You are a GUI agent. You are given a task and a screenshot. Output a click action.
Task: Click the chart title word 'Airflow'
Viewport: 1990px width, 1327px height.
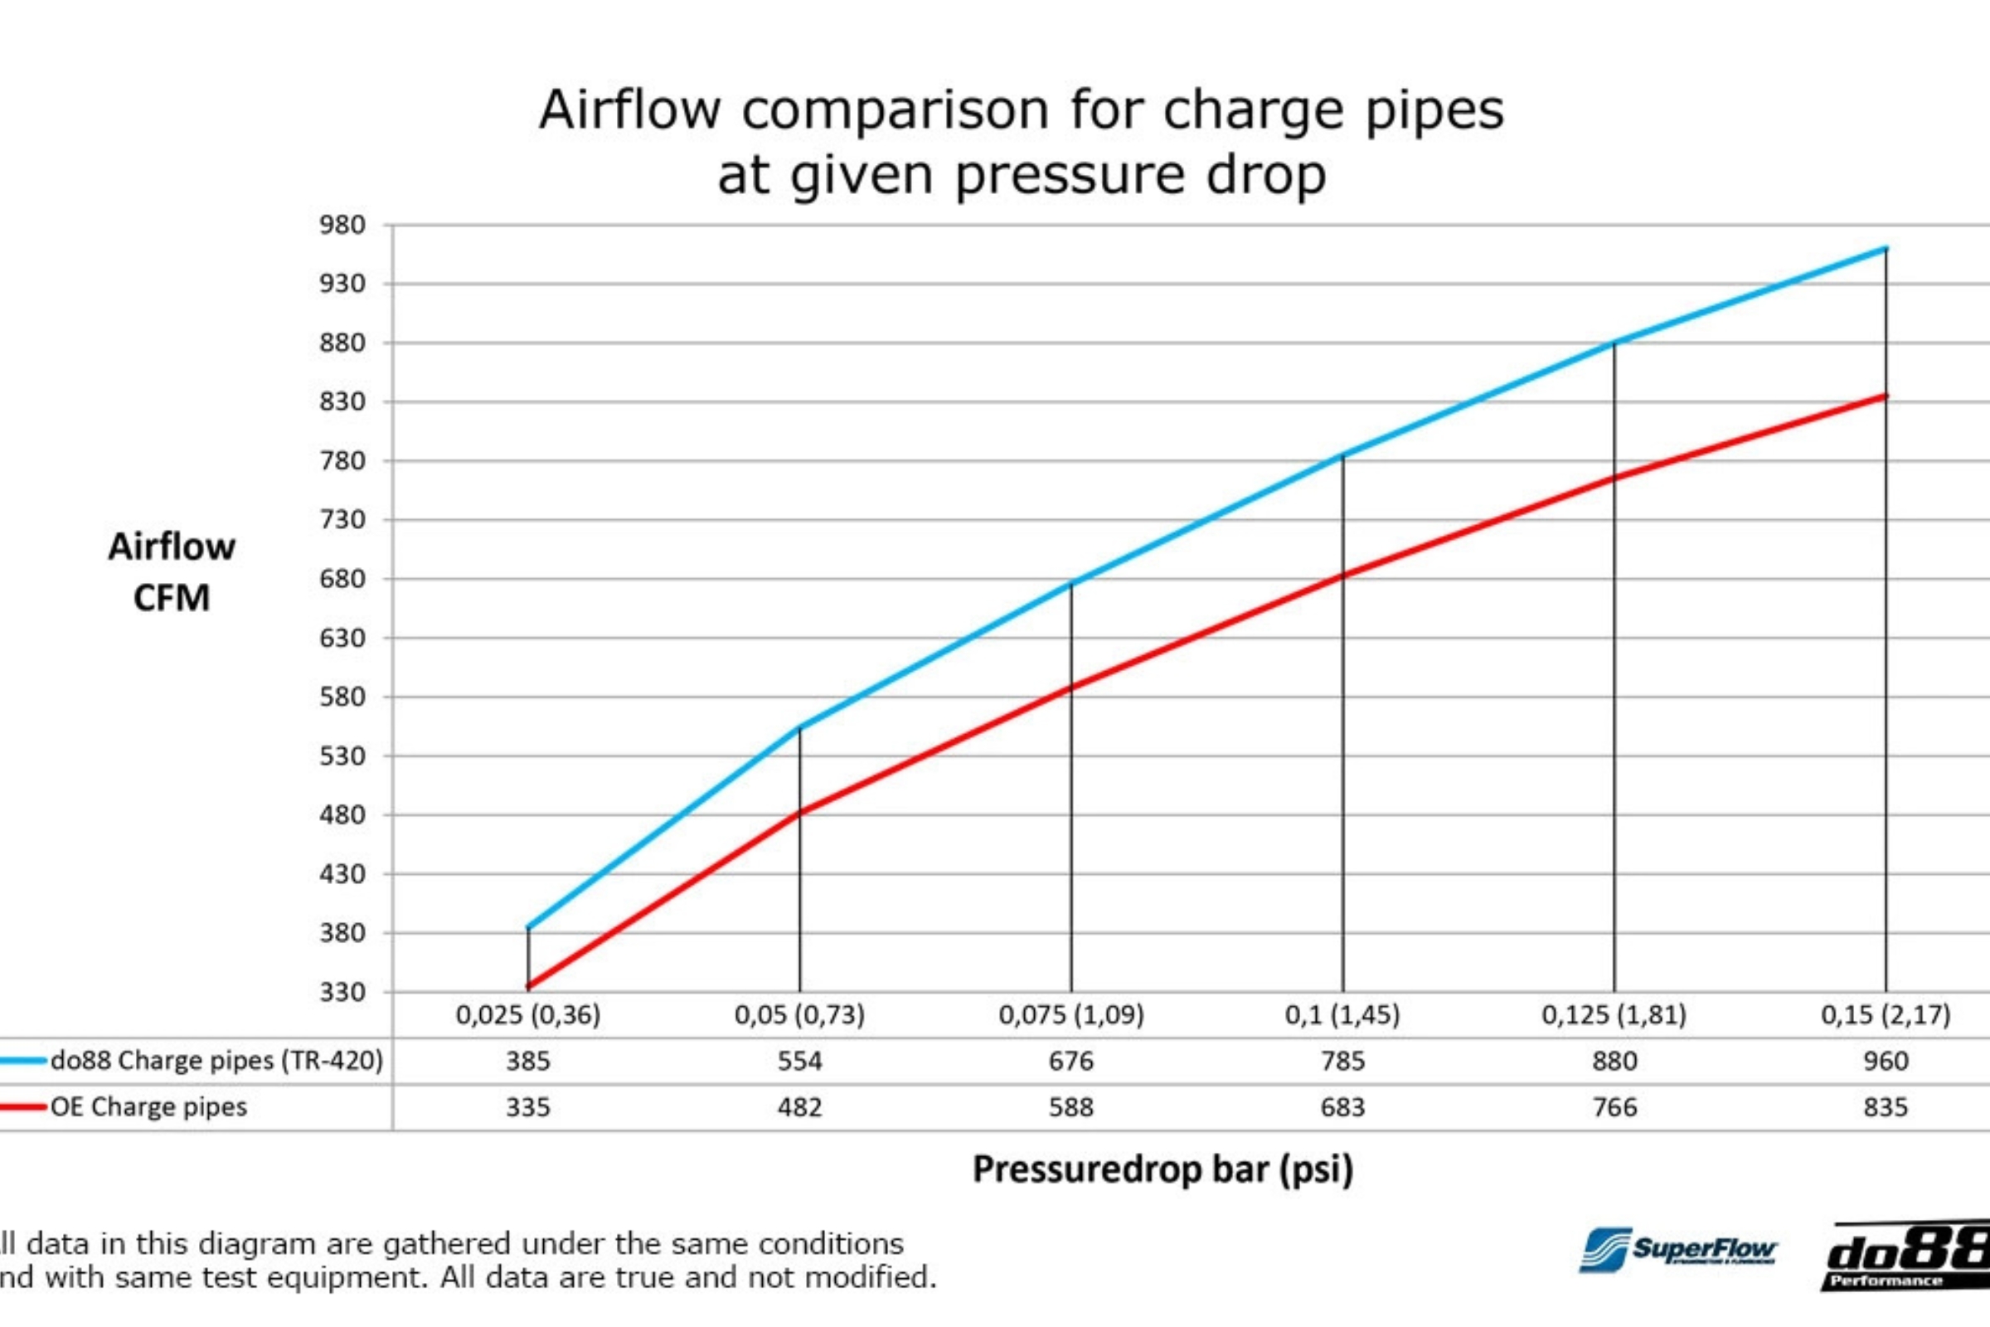click(x=629, y=110)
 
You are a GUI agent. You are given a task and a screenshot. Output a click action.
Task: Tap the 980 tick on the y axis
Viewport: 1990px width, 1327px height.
click(x=342, y=225)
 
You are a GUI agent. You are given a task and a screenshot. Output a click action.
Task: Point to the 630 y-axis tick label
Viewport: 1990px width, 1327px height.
click(x=342, y=638)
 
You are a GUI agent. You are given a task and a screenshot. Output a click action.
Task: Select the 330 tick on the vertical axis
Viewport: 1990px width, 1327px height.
click(x=342, y=991)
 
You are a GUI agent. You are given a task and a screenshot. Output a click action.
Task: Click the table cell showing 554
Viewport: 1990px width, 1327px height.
click(x=799, y=1061)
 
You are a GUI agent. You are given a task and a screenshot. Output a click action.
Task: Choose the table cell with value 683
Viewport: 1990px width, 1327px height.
click(x=1342, y=1107)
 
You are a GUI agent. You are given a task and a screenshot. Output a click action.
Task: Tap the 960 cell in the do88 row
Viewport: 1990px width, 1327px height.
click(x=1885, y=1061)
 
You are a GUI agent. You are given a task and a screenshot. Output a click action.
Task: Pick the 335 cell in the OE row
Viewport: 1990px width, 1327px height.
click(x=528, y=1107)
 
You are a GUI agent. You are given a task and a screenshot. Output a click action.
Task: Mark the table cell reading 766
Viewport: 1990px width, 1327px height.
click(x=1614, y=1107)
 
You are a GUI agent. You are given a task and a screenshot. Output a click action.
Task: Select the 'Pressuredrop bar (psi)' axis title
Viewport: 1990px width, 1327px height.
click(x=1162, y=1169)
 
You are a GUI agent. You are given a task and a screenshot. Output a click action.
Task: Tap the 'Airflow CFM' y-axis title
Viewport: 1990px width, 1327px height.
click(x=172, y=572)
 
